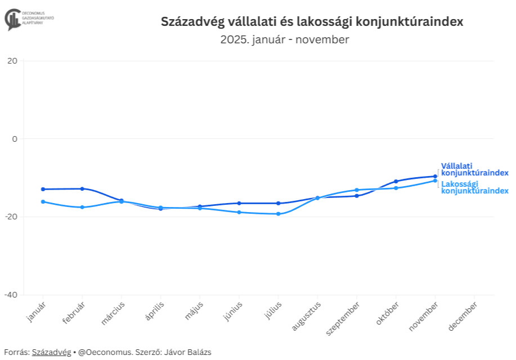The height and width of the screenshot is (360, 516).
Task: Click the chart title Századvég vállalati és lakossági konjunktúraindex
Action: pyautogui.click(x=312, y=22)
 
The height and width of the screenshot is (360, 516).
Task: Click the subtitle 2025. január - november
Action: pyautogui.click(x=285, y=40)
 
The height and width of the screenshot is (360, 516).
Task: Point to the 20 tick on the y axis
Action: pyautogui.click(x=12, y=61)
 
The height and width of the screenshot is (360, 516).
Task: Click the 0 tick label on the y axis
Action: pyautogui.click(x=15, y=139)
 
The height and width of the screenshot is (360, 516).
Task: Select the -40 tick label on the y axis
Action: pyautogui.click(x=11, y=295)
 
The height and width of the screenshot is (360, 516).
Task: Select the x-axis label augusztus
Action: pyautogui.click(x=307, y=317)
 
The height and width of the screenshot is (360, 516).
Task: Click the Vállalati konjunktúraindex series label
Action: pyautogui.click(x=474, y=169)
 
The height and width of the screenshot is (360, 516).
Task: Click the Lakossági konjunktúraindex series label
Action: pyautogui.click(x=474, y=187)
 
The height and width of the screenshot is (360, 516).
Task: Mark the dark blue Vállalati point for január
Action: pyautogui.click(x=43, y=189)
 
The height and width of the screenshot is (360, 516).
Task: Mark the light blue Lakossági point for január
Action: pyautogui.click(x=43, y=201)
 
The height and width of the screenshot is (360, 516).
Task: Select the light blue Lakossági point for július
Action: pyautogui.click(x=278, y=214)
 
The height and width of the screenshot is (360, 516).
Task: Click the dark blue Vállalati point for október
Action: pyautogui.click(x=396, y=181)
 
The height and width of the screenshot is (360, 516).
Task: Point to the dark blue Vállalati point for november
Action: pyautogui.click(x=435, y=176)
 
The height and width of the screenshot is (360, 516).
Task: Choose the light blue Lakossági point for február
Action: pyautogui.click(x=82, y=207)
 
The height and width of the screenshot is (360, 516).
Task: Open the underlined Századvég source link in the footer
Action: pyautogui.click(x=51, y=352)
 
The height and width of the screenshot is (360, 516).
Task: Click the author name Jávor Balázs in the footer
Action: pyautogui.click(x=187, y=352)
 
